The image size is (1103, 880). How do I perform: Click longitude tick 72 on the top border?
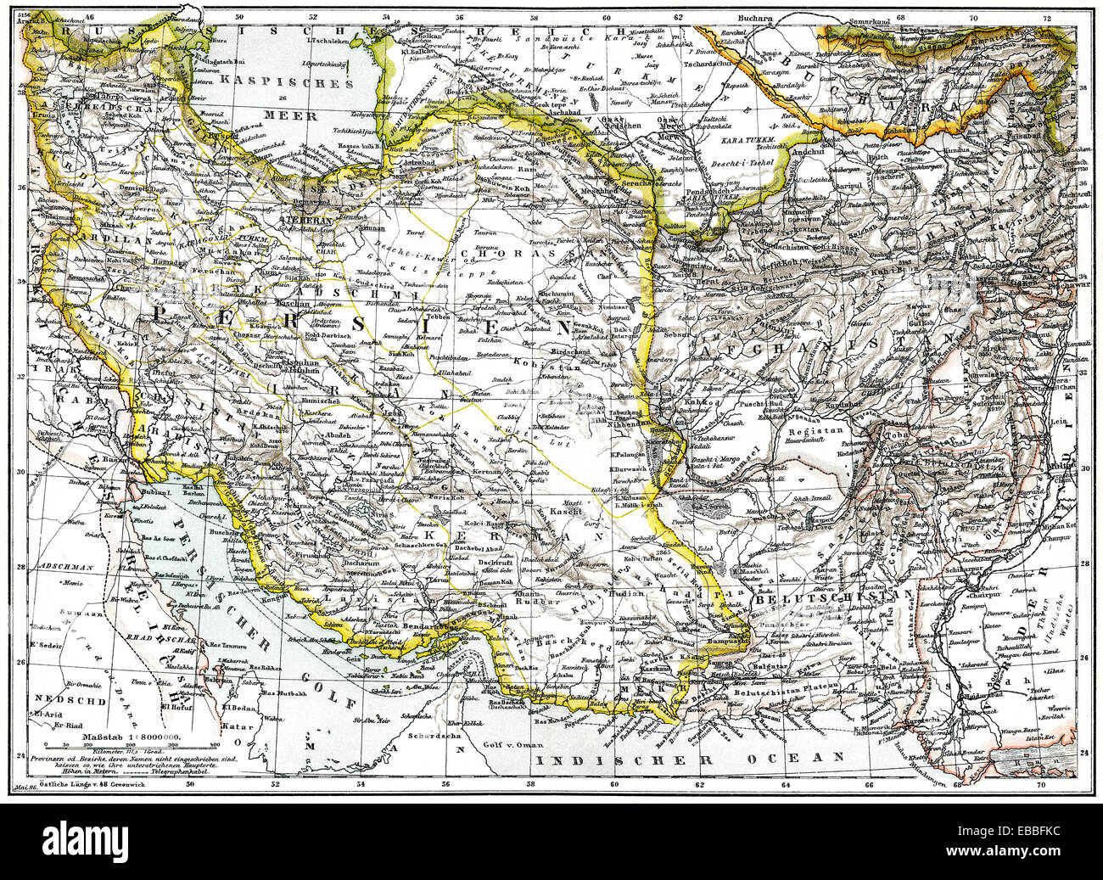[1047, 16]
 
